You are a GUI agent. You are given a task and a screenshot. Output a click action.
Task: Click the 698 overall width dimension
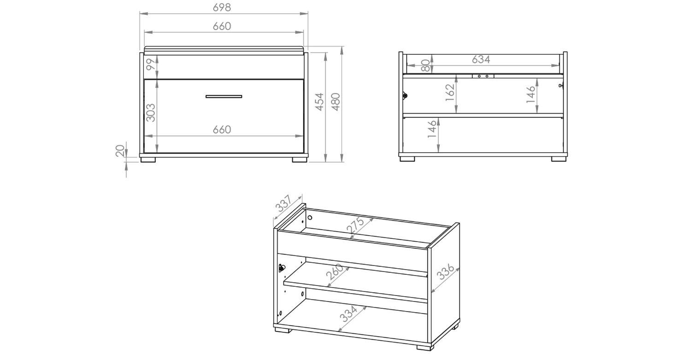coord(221,7)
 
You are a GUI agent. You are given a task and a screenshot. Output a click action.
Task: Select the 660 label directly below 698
coord(222,26)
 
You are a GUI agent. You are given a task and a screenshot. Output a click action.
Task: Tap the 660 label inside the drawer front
coord(222,130)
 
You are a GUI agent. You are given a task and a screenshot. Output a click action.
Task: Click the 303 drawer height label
coord(151,112)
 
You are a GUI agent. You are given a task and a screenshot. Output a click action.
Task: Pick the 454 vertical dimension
coord(319,102)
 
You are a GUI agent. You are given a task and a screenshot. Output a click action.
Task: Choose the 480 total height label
coord(336,102)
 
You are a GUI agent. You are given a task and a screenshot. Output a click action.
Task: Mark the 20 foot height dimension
coord(120,151)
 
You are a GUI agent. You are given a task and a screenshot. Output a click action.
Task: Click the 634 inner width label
coord(481,59)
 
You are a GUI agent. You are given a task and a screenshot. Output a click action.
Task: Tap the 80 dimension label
coord(426,65)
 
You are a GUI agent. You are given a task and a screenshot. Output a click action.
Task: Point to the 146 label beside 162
coord(531,94)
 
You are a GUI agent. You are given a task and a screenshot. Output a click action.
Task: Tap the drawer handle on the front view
coord(224,96)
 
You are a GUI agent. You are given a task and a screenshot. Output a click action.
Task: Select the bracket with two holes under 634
coord(483,76)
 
